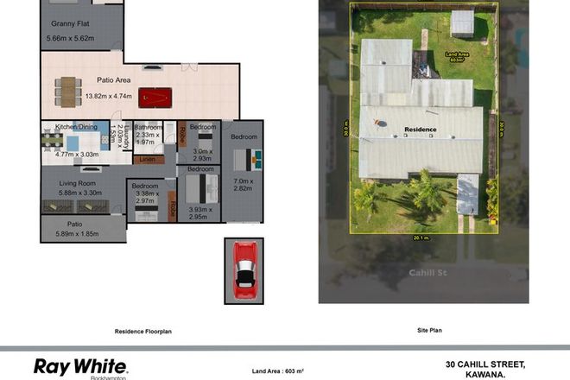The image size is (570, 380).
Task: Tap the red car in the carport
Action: pos(244,269)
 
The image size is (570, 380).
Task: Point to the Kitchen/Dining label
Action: pos(77,127)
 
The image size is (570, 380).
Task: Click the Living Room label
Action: pos(76,183)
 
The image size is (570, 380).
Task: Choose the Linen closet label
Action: pos(147,159)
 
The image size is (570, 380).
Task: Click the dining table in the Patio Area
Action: pos(66,89)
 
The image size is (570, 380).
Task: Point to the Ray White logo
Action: pos(80,366)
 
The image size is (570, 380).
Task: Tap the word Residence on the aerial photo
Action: pos(421,130)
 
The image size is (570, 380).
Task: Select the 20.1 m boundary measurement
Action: pos(422,238)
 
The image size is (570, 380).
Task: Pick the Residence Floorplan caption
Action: pos(143,331)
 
